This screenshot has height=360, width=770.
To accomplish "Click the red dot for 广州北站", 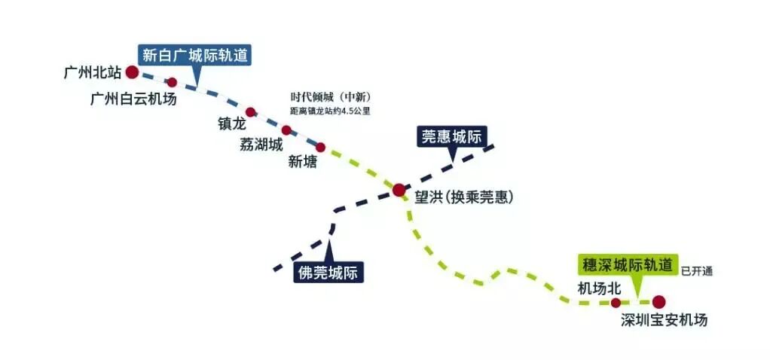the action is coord(132,72).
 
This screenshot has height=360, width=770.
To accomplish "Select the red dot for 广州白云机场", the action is coord(172,82).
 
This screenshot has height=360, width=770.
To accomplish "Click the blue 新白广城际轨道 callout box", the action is coord(195,55).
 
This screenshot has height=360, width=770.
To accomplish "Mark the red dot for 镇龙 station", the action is coord(251,112).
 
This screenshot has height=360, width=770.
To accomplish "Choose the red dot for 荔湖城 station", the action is coord(286,130).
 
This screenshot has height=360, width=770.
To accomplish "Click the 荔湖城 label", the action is coord(261,144).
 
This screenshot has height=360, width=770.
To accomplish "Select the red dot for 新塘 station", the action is coord(320,148).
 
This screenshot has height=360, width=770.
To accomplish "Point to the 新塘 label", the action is coord(303,162).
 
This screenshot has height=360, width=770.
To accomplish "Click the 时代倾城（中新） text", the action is coord(331,97).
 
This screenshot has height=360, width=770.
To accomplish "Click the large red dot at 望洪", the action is coord(399,190).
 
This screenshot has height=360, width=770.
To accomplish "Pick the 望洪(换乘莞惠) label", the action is coord(463,197).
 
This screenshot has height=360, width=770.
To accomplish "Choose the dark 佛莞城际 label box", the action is coord(328,272).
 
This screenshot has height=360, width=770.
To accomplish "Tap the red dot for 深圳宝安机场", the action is coord(659,302).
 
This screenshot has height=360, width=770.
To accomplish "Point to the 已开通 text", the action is coord(696,271).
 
